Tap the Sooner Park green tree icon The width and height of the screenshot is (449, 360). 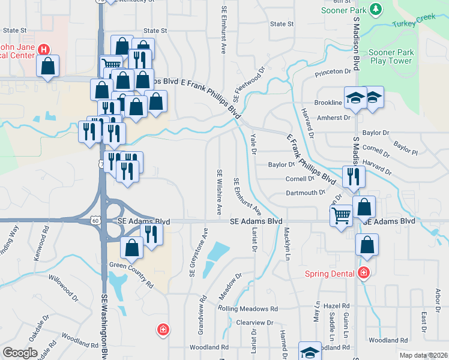pos(376,10)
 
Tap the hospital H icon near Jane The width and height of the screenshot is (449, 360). pos(44,49)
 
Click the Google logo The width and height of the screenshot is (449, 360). pos(20,353)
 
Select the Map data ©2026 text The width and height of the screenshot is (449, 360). pos(423,355)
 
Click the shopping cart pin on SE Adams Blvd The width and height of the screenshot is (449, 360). pos(342,215)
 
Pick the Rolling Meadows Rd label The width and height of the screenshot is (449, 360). pos(248,309)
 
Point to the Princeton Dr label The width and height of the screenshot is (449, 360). pos(333,72)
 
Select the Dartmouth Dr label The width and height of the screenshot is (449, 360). pos(305,193)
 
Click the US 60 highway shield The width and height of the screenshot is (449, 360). pos(96,221)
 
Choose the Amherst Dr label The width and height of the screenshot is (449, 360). pos(333,118)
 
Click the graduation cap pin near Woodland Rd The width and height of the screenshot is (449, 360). pos(310,353)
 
